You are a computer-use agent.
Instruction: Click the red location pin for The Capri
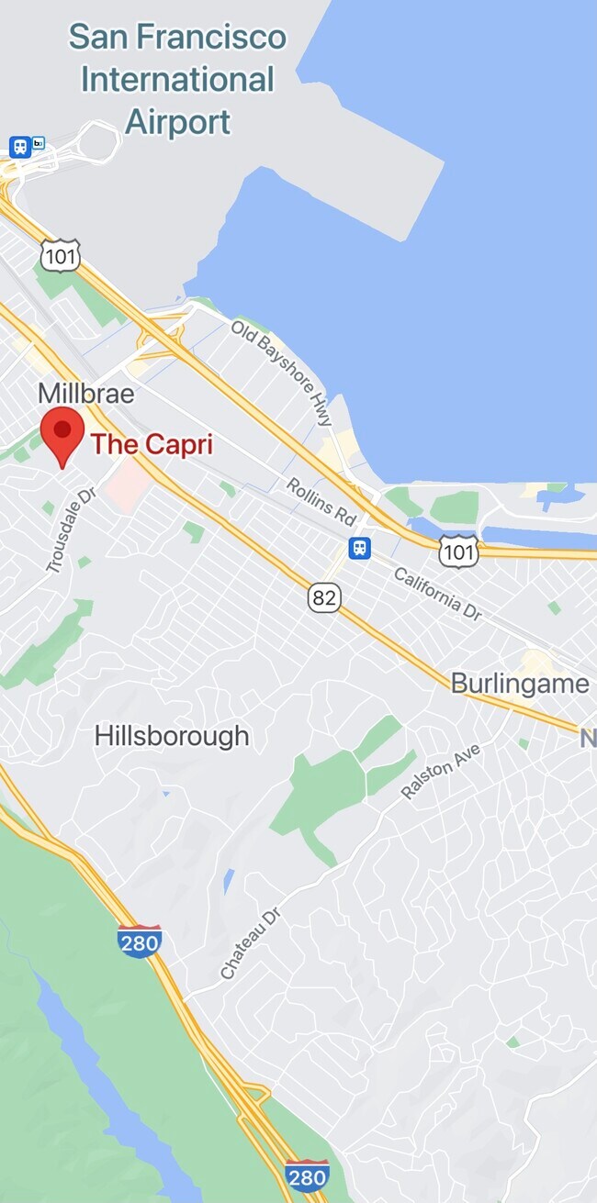(x=62, y=434)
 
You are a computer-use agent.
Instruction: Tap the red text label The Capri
(x=152, y=445)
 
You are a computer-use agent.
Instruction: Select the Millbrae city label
(x=86, y=395)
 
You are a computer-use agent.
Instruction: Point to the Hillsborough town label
(x=172, y=736)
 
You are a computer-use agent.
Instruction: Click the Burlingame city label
(x=520, y=684)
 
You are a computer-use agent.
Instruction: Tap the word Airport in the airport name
(x=177, y=121)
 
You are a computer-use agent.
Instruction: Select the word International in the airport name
(x=177, y=80)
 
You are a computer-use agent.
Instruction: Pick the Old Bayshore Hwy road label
(x=281, y=372)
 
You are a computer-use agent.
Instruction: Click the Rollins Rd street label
(x=321, y=501)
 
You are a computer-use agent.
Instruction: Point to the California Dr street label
(x=438, y=594)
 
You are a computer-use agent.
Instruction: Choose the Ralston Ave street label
(x=441, y=771)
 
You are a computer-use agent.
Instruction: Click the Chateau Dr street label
(x=250, y=941)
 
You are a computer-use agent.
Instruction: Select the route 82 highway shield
(x=324, y=598)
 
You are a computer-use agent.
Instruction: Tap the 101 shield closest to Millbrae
(x=61, y=255)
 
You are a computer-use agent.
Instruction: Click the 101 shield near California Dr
(x=458, y=551)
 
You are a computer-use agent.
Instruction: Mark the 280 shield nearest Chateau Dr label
(x=140, y=942)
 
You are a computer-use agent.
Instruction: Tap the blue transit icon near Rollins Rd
(x=359, y=548)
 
